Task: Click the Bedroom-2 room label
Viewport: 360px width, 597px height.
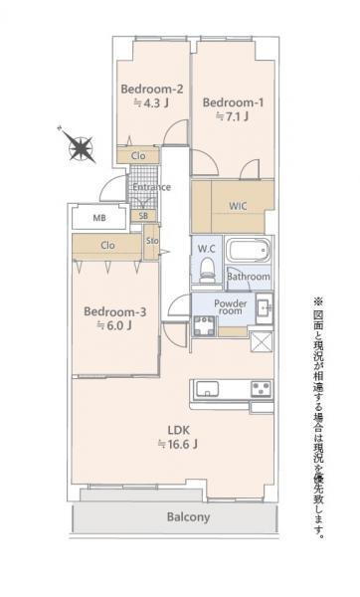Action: (x=152, y=90)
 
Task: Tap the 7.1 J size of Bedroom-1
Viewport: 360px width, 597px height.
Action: (x=232, y=116)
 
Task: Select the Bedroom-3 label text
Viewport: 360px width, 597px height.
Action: (x=115, y=311)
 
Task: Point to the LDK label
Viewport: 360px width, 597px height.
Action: (x=178, y=430)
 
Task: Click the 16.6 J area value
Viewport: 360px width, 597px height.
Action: (x=178, y=444)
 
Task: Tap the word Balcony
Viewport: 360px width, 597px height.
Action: (x=188, y=517)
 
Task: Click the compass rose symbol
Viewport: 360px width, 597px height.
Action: (x=80, y=146)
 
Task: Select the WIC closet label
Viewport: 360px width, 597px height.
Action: (x=238, y=206)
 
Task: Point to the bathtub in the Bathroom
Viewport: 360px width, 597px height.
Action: (x=248, y=251)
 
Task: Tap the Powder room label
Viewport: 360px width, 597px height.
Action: (x=231, y=306)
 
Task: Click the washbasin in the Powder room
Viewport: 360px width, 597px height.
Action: (x=265, y=308)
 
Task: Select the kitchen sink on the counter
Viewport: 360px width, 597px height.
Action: (x=207, y=389)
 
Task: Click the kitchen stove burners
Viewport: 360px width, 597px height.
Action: (x=262, y=389)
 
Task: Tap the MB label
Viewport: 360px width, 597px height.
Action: (x=99, y=218)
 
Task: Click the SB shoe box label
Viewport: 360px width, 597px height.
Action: (x=143, y=216)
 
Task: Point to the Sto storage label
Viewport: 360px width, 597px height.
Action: (x=152, y=241)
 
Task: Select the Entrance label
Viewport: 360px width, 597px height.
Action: (x=151, y=187)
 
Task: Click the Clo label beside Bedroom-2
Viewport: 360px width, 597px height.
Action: (x=138, y=156)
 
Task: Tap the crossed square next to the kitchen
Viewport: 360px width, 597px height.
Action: (x=262, y=341)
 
